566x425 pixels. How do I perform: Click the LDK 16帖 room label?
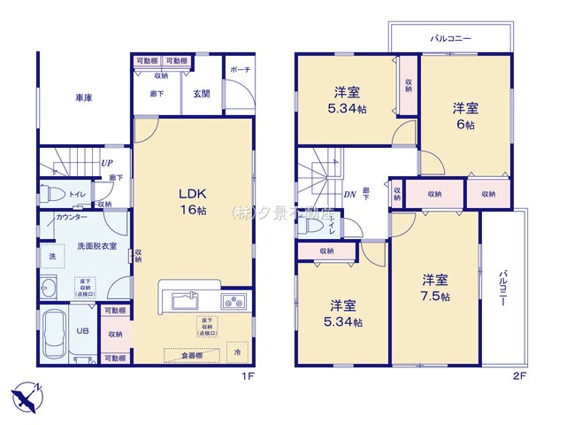coord(193,202)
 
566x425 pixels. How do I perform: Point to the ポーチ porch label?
coord(239,69)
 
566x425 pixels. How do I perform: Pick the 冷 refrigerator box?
coord(237,352)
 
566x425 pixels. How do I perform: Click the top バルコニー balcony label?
coord(451,40)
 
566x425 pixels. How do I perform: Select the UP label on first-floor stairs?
coord(106,164)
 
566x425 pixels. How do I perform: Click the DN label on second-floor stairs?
coord(349,194)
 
